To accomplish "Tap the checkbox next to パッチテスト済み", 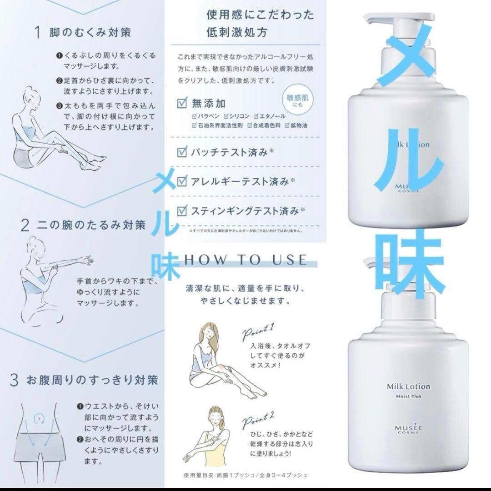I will (182, 151).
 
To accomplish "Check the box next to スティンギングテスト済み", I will (182, 210).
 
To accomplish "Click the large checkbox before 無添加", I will (182, 104).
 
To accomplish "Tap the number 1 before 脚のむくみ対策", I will (40, 32).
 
